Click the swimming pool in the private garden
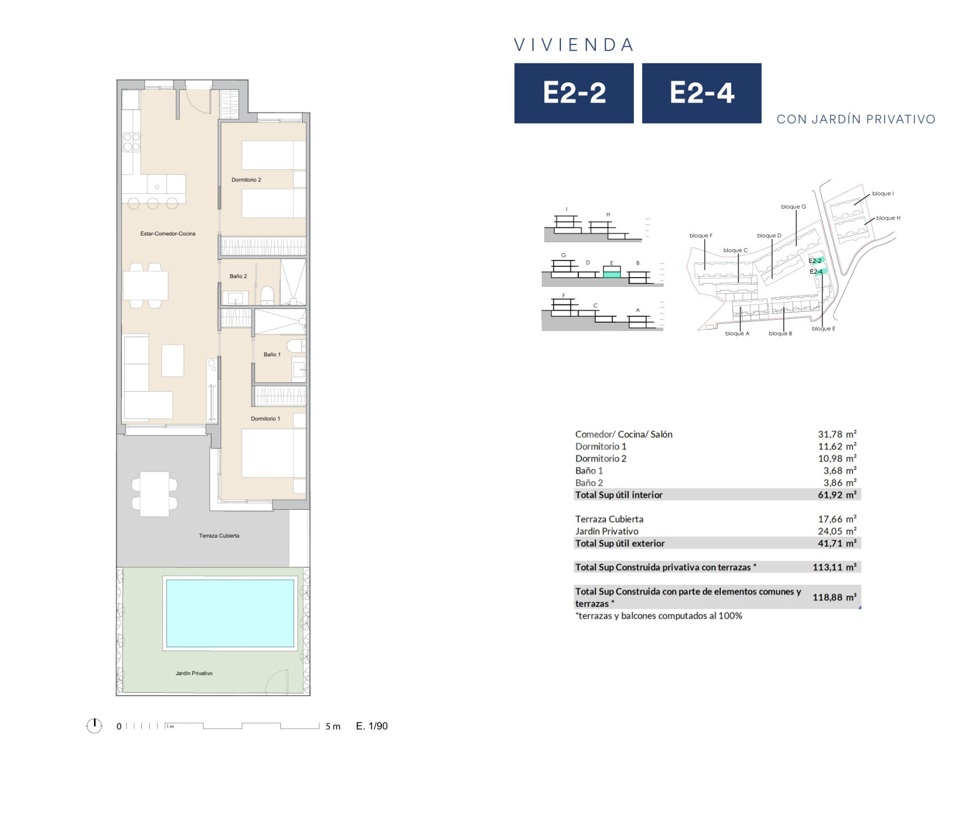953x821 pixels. pyautogui.click(x=230, y=613)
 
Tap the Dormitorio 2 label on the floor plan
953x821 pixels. pyautogui.click(x=246, y=180)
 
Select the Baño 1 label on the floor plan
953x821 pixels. pyautogui.click(x=272, y=355)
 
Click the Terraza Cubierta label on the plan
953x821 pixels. pyautogui.click(x=219, y=536)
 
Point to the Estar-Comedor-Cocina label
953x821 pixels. pyautogui.click(x=168, y=234)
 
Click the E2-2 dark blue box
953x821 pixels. pyautogui.click(x=574, y=93)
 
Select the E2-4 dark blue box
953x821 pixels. pyautogui.click(x=702, y=93)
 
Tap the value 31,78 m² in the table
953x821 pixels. pyautogui.click(x=837, y=434)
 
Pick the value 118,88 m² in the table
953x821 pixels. pyautogui.click(x=834, y=598)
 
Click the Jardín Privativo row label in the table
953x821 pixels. pyautogui.click(x=606, y=531)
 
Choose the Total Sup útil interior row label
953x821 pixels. pyautogui.click(x=619, y=495)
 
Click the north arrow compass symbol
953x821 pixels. pyautogui.click(x=94, y=726)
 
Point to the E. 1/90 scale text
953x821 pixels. pyautogui.click(x=372, y=726)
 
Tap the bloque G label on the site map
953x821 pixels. pyautogui.click(x=793, y=207)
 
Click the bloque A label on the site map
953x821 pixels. pyautogui.click(x=737, y=334)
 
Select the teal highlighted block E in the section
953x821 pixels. pyautogui.click(x=612, y=274)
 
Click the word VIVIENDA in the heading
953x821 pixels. pyautogui.click(x=574, y=45)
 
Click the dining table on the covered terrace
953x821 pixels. pyautogui.click(x=154, y=494)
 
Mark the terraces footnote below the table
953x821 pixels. pyautogui.click(x=658, y=616)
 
